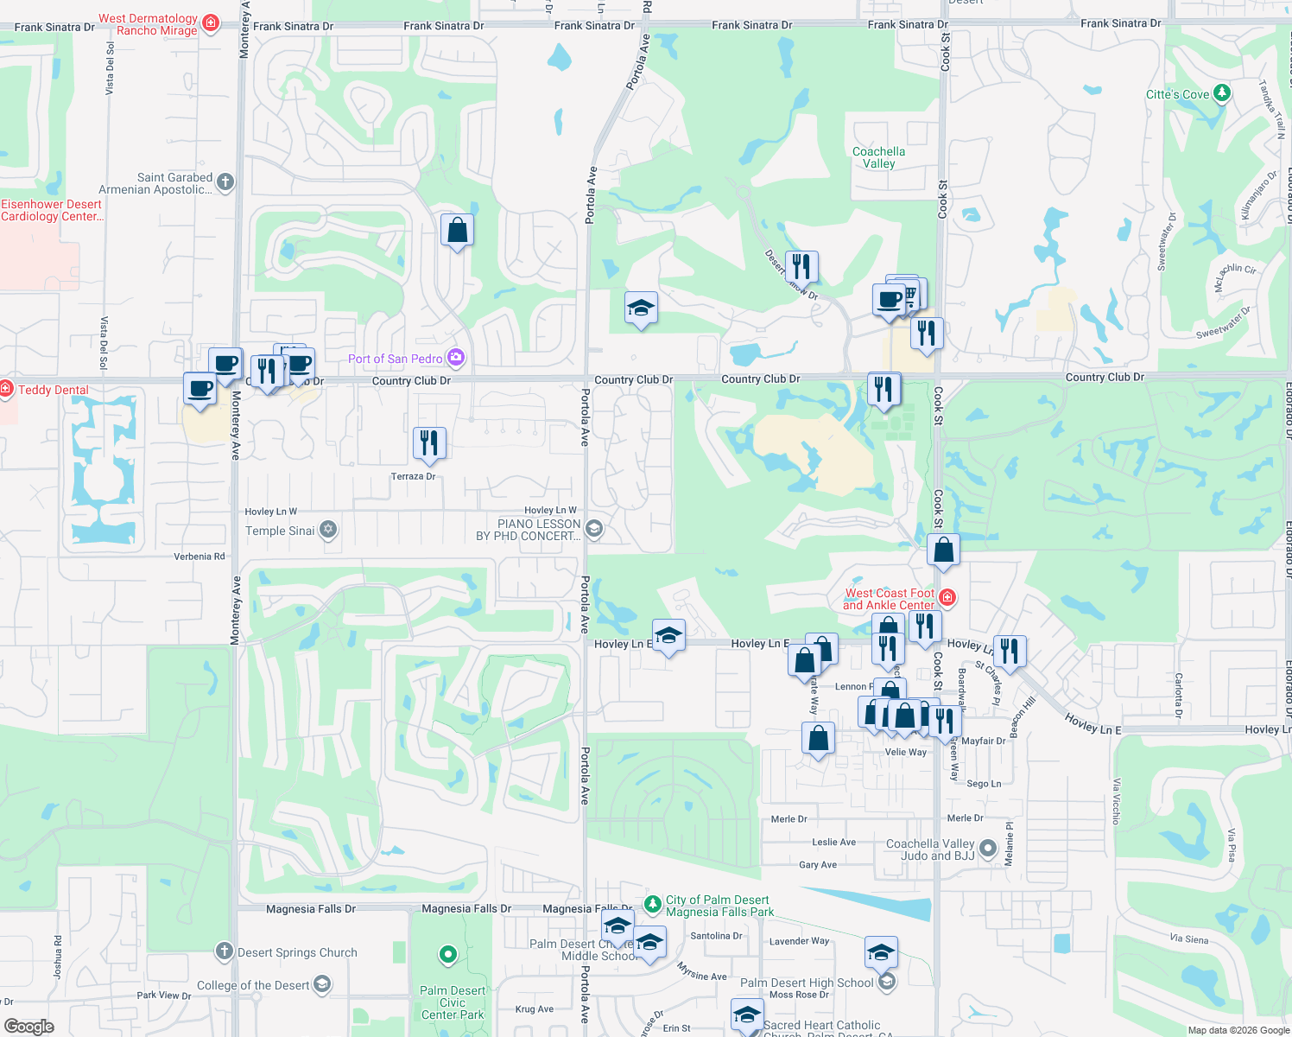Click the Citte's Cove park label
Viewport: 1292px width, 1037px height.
click(x=1177, y=94)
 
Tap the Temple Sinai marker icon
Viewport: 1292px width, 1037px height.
click(x=328, y=530)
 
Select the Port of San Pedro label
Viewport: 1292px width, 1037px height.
click(x=395, y=359)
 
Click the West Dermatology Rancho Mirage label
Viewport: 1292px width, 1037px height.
click(x=148, y=24)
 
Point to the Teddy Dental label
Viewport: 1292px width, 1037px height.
click(x=54, y=390)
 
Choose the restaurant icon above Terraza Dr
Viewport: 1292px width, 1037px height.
click(x=429, y=443)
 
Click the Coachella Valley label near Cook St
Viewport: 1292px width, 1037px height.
click(x=878, y=157)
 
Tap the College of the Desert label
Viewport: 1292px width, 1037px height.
click(x=252, y=985)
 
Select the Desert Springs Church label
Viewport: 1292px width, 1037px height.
click(x=297, y=952)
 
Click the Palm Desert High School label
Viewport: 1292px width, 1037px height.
click(x=807, y=983)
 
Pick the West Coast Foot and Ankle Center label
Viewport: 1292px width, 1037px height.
click(x=890, y=599)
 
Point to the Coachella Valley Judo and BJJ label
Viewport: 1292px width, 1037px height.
click(x=930, y=849)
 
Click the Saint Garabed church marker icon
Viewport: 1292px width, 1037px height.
click(x=225, y=181)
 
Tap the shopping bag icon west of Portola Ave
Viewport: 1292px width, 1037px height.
click(x=457, y=231)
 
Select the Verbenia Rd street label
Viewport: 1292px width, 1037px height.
click(x=199, y=557)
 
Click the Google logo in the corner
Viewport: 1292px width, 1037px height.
click(x=28, y=1027)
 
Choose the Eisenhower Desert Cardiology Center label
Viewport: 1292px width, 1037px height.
click(x=52, y=210)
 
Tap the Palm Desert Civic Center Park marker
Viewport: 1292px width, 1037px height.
click(x=447, y=955)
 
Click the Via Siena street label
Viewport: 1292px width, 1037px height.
click(x=1188, y=939)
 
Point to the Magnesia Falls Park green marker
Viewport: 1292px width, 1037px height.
click(x=653, y=901)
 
